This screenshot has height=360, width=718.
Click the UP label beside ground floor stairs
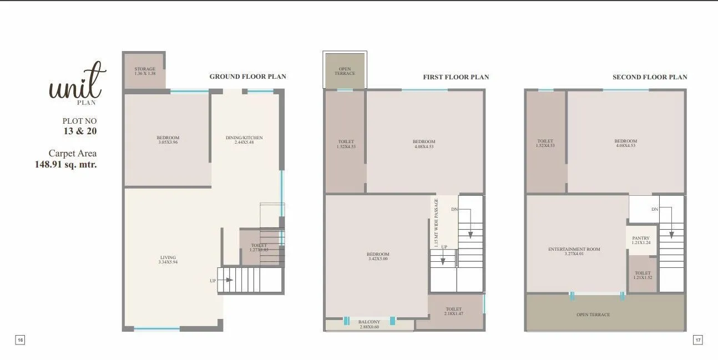point(213,281)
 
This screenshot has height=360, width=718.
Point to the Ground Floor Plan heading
point(247,77)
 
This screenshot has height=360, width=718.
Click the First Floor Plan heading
point(456,77)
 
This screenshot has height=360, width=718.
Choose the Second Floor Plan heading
point(650,77)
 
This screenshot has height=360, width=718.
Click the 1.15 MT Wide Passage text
point(436,222)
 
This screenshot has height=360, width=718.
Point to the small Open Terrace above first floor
point(345,71)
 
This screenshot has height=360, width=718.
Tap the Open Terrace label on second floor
point(593,315)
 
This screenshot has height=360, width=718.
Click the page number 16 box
point(20,340)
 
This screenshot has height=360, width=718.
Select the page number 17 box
point(698,340)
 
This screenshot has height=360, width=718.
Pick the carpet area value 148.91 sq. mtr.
point(66,164)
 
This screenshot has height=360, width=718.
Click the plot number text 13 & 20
point(81,131)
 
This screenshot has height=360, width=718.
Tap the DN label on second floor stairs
point(655,209)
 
